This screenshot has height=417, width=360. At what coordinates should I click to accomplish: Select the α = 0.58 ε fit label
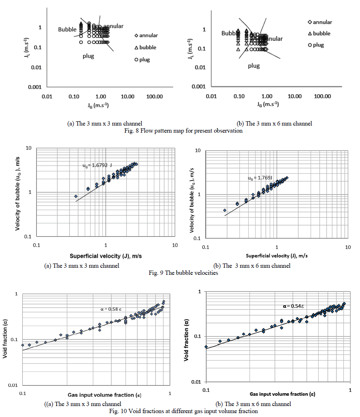pyautogui.click(x=111, y=309)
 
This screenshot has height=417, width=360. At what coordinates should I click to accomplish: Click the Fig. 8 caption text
pyautogui.click(x=180, y=130)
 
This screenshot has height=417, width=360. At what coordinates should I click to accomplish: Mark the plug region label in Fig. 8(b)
pyautogui.click(x=254, y=66)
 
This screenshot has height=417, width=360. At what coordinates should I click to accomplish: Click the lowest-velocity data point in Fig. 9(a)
pyautogui.click(x=76, y=196)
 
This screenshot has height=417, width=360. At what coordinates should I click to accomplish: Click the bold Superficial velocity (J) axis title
pyautogui.click(x=106, y=256)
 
